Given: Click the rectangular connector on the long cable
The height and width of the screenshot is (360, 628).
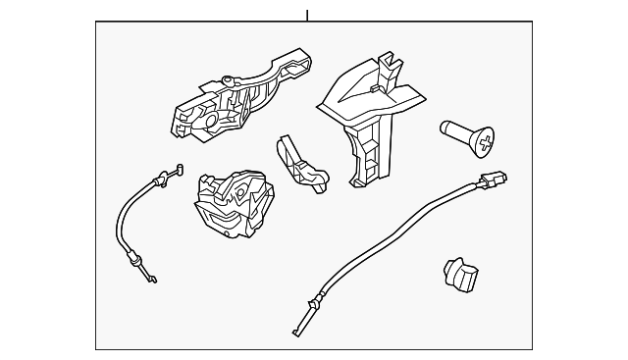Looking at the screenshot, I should [x=493, y=180].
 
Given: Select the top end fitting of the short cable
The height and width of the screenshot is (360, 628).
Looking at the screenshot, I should [x=173, y=174].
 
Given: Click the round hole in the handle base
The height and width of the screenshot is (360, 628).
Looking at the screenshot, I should [x=211, y=120].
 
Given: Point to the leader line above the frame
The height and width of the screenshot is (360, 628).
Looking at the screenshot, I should [x=307, y=16].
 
